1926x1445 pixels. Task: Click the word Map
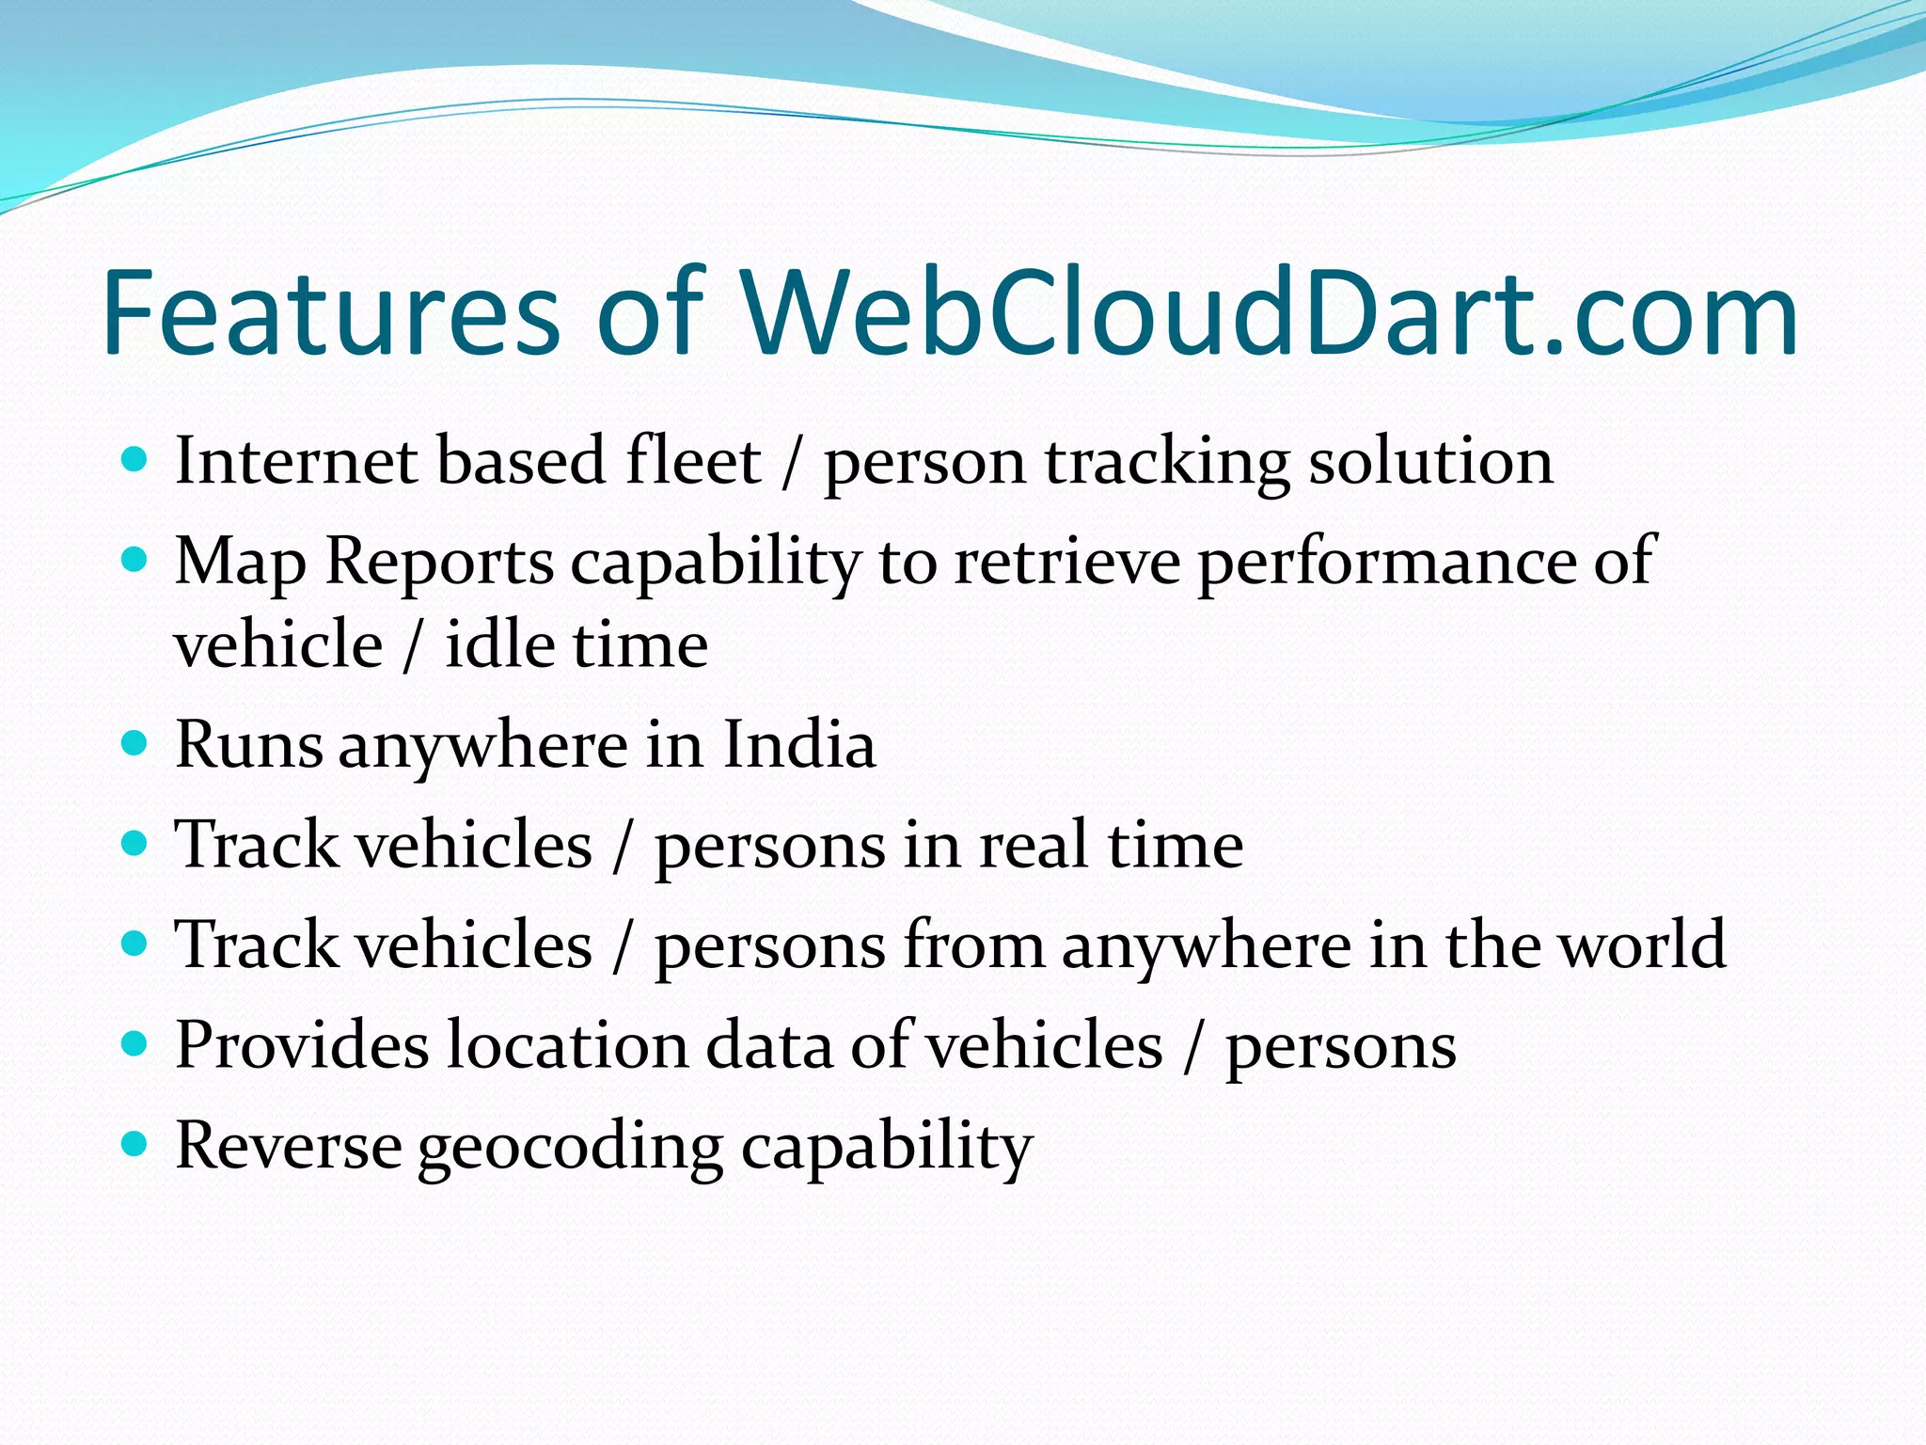(240, 563)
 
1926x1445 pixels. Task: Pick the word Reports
(439, 563)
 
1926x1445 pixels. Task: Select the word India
(798, 745)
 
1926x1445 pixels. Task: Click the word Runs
(249, 745)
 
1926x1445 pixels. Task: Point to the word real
(1034, 845)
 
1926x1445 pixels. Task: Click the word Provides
(302, 1045)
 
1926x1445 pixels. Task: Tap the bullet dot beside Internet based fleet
(135, 460)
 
